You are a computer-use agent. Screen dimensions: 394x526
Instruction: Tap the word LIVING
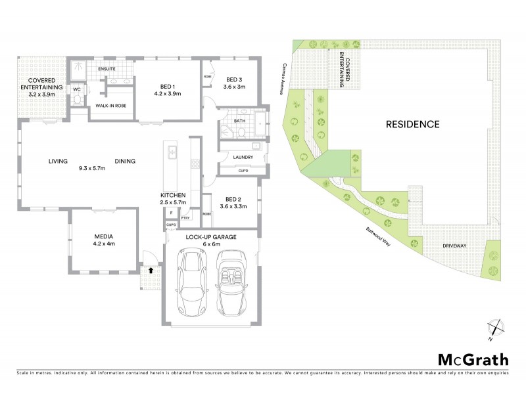pyautogui.click(x=59, y=161)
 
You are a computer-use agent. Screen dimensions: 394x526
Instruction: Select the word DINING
pyautogui.click(x=125, y=161)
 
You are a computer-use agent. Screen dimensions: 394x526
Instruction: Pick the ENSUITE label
pyautogui.click(x=107, y=69)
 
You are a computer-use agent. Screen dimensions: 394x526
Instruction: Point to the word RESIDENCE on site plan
pyautogui.click(x=412, y=123)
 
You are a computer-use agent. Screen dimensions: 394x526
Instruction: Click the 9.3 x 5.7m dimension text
pyautogui.click(x=92, y=168)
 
